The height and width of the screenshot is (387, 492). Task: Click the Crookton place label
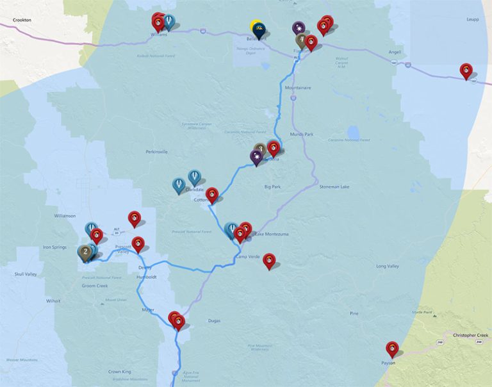(21, 21)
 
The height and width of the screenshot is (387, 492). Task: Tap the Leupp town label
(473, 19)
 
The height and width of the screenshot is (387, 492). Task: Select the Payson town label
(389, 363)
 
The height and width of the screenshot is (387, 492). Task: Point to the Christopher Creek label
(470, 335)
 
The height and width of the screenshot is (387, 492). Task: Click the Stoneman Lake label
(335, 186)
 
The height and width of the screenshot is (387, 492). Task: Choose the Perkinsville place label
(156, 152)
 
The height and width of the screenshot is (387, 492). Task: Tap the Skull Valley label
(26, 274)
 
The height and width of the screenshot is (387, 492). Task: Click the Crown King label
(119, 372)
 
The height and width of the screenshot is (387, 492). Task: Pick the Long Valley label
(387, 266)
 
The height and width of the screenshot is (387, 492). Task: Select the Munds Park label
(300, 135)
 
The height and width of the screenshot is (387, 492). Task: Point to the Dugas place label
(215, 320)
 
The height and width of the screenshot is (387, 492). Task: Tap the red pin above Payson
(392, 349)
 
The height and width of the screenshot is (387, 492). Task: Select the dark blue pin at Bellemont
(259, 29)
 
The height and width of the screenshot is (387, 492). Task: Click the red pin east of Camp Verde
(270, 259)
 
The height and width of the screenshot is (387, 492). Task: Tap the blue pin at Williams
(168, 22)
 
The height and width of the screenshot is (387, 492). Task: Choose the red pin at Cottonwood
(212, 194)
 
